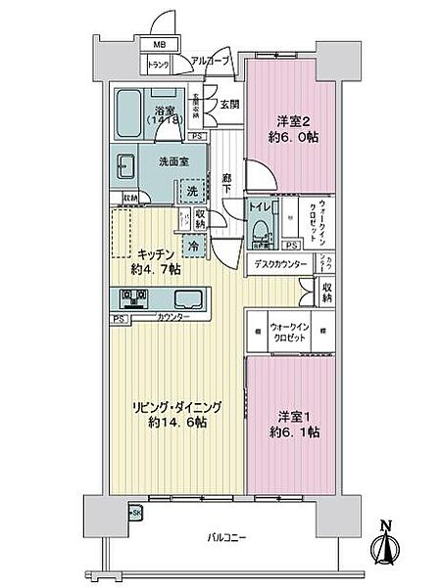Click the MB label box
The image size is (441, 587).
click(x=158, y=45)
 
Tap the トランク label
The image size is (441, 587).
click(x=158, y=66)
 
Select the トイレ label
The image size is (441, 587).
click(x=262, y=206)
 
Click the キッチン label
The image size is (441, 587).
click(x=156, y=253)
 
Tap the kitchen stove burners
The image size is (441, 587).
click(x=132, y=297)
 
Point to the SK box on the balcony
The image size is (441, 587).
click(x=135, y=513)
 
